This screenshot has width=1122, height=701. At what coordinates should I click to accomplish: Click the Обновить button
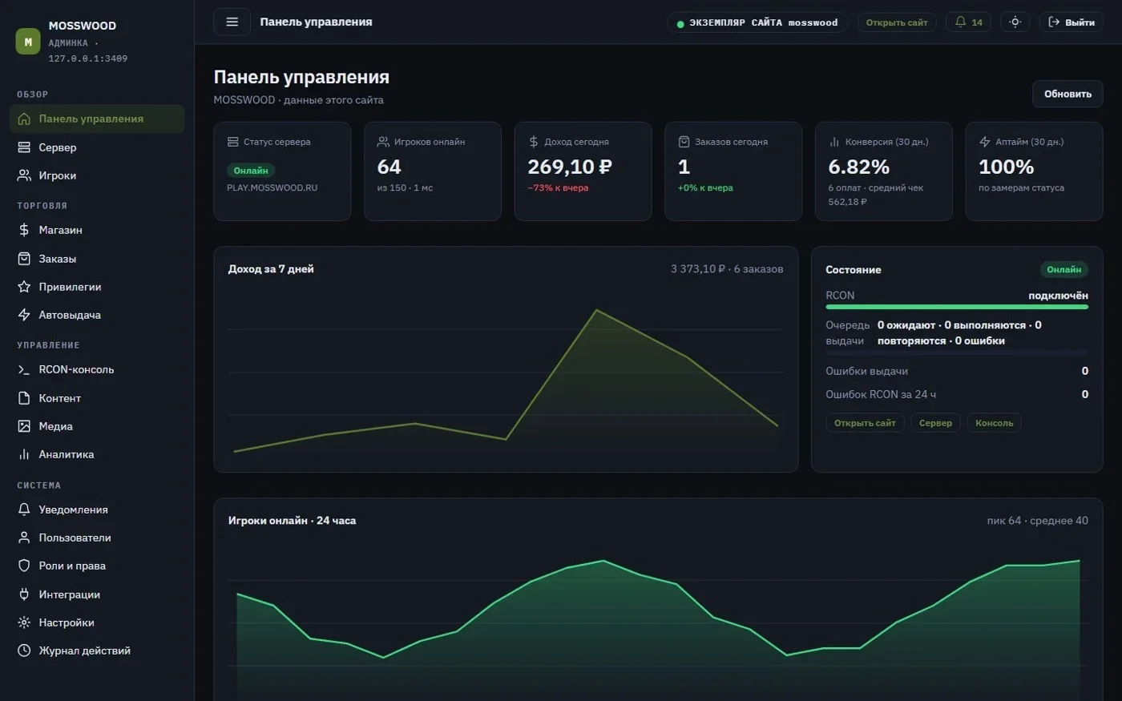pos(1068,94)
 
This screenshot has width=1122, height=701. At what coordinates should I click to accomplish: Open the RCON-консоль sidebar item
pos(76,369)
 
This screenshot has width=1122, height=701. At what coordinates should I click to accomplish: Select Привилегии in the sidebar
pos(70,287)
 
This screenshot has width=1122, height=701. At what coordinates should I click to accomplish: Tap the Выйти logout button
pos(1072,22)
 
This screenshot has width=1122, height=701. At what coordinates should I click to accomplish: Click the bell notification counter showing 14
pos(968,22)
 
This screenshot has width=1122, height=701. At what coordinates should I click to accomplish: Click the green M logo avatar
pos(28,42)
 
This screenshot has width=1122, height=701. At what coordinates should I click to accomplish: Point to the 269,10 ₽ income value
pos(570,167)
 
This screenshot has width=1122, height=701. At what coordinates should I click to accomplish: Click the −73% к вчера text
pos(558,187)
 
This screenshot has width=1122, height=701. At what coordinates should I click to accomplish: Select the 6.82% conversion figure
pos(858,167)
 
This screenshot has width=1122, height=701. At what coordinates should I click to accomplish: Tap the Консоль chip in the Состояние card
pos(994,423)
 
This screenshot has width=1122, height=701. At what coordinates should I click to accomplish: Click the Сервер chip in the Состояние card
pos(935,423)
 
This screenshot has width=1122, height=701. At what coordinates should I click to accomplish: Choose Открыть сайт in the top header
pos(897,22)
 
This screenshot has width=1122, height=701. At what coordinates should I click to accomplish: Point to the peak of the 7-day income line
pos(596,310)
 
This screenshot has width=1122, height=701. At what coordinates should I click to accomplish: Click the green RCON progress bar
pos(957,306)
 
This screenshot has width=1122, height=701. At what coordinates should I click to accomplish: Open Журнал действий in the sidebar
pos(84,651)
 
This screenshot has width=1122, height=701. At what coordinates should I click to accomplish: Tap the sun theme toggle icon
pos(1015,22)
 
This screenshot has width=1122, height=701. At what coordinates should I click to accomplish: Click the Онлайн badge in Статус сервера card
pos(250,170)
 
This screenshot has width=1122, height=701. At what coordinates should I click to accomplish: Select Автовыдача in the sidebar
pos(70,315)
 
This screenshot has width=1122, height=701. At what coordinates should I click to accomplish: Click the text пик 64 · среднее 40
pos(1037,520)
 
